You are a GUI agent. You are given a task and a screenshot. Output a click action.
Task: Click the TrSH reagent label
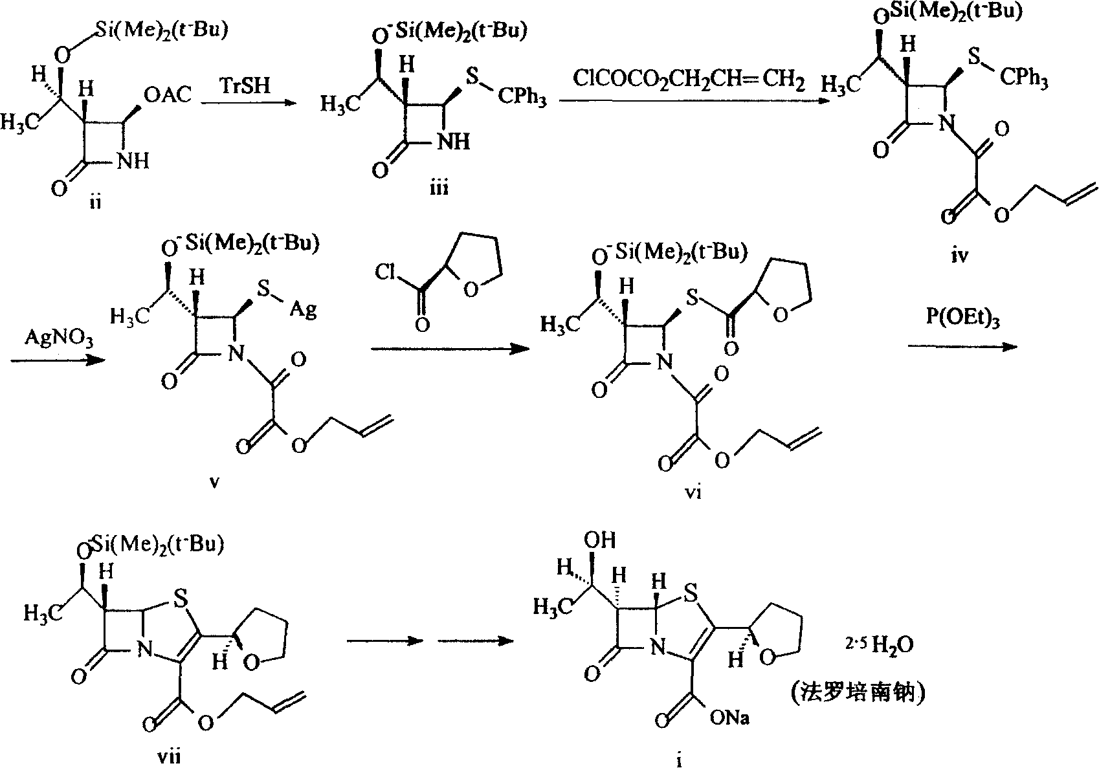click(245, 86)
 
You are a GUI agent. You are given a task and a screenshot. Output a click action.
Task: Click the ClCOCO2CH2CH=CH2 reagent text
click(689, 80)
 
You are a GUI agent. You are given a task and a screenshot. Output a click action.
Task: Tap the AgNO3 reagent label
click(58, 338)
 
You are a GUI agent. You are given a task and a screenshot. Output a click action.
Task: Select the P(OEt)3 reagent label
click(962, 318)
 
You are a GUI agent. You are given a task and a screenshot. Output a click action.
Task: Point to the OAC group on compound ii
click(168, 94)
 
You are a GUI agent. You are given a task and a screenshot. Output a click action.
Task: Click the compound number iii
click(439, 188)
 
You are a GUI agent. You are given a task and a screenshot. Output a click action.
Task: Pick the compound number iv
click(959, 254)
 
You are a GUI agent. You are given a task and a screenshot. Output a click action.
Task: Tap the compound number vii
click(168, 756)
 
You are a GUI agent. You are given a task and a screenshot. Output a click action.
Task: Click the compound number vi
click(693, 492)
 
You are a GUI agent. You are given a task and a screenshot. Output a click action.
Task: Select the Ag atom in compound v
click(303, 310)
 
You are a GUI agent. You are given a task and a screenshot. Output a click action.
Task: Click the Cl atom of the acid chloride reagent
click(385, 272)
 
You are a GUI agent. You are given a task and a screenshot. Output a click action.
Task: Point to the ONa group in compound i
click(729, 718)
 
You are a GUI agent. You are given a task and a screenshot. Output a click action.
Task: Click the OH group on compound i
click(599, 540)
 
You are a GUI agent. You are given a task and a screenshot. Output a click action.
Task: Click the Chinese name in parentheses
click(858, 694)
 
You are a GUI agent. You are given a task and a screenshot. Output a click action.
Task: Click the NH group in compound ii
click(133, 160)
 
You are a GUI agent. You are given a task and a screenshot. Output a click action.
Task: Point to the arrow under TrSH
click(248, 103)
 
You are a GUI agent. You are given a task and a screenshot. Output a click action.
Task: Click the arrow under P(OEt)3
click(962, 347)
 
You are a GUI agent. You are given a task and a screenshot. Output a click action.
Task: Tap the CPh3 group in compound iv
click(1024, 78)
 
